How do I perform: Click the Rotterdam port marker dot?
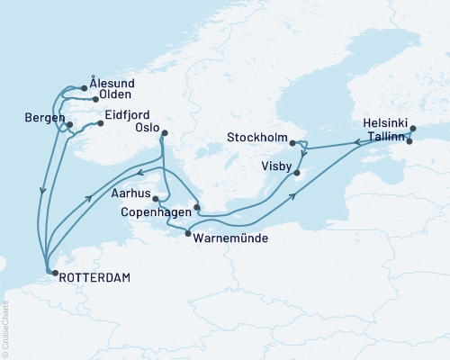[x=51, y=270]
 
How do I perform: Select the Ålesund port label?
[x=112, y=84]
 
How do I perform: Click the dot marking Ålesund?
[x=84, y=88]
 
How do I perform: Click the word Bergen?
[x=44, y=119]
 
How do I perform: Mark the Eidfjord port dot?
[x=100, y=123]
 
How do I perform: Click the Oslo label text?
[x=147, y=128]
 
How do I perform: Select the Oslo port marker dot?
[x=164, y=134]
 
